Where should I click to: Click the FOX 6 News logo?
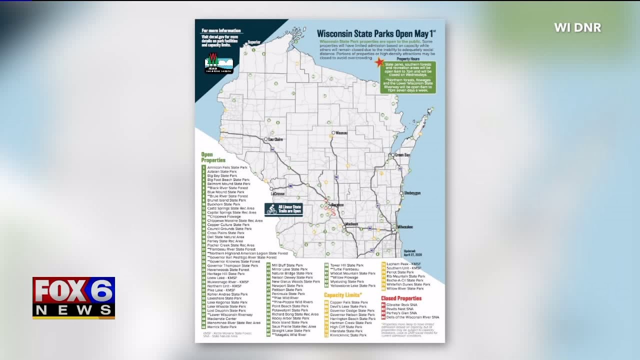73,297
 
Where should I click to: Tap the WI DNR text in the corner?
577,28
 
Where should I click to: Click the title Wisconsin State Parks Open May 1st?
376,33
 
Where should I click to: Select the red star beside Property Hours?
379,62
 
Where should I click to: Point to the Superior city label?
254,42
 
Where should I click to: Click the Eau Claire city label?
275,139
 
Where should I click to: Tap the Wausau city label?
341,133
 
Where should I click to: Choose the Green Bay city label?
402,155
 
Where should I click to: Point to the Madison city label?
351,224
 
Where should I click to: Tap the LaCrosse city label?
277,193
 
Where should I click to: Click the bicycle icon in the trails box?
271,209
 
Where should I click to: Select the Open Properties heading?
213,157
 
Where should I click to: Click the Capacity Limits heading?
342,295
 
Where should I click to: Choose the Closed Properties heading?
401,298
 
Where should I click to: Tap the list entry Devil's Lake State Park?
348,306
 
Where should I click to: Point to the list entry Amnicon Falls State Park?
227,167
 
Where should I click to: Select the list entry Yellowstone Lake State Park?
352,286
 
